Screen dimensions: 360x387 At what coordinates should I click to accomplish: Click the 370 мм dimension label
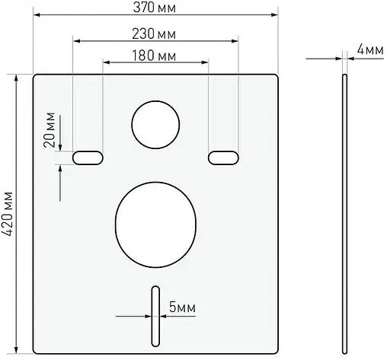point(155,7)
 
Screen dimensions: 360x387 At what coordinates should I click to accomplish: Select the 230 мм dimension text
point(155,35)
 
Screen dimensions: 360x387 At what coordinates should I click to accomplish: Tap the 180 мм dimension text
point(155,56)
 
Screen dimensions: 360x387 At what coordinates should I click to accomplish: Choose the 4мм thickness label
point(369,49)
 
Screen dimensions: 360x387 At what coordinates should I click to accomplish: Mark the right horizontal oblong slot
point(222,157)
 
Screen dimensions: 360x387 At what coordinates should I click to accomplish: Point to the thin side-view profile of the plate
point(344,213)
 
